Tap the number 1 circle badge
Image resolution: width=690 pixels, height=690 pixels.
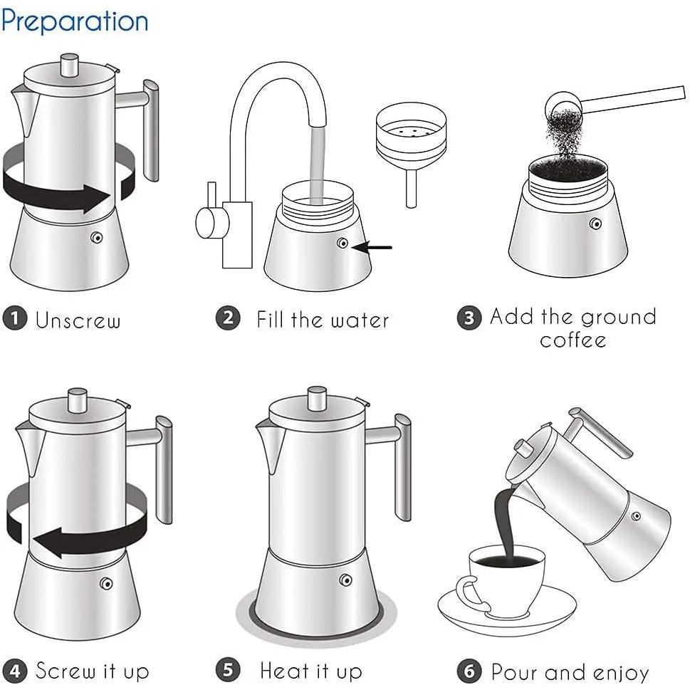pos(15,318)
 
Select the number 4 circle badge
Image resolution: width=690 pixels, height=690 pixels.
pos(15,670)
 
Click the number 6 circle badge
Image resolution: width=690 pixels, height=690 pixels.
pos(469,671)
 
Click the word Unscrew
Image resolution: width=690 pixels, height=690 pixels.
pos(78,320)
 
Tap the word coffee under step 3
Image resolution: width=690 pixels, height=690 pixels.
pos(573,340)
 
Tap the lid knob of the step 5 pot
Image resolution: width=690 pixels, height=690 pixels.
pos(317,399)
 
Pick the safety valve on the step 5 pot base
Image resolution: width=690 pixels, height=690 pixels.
pos(346,580)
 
